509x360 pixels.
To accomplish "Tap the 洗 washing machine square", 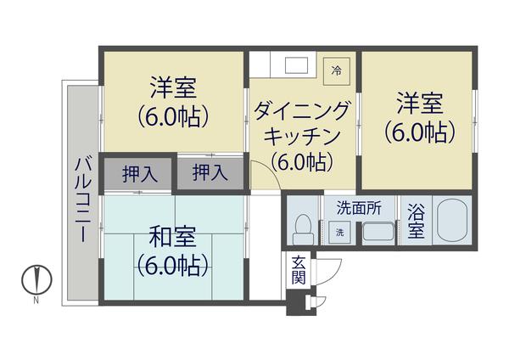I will tap(339, 233).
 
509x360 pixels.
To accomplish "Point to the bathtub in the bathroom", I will tap(452, 222).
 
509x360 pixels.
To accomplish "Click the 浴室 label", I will tap(415, 222).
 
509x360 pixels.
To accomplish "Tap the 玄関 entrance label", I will tap(299, 269).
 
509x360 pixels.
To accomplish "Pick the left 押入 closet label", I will tap(139, 174).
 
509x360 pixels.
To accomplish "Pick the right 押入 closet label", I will tap(210, 173).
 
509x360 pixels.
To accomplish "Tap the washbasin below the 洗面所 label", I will tap(377, 231).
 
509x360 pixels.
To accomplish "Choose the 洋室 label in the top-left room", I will tap(173, 87).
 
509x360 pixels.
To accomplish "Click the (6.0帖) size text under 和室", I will tap(173, 266).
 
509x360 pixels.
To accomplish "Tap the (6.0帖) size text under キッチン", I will tap(302, 160).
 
